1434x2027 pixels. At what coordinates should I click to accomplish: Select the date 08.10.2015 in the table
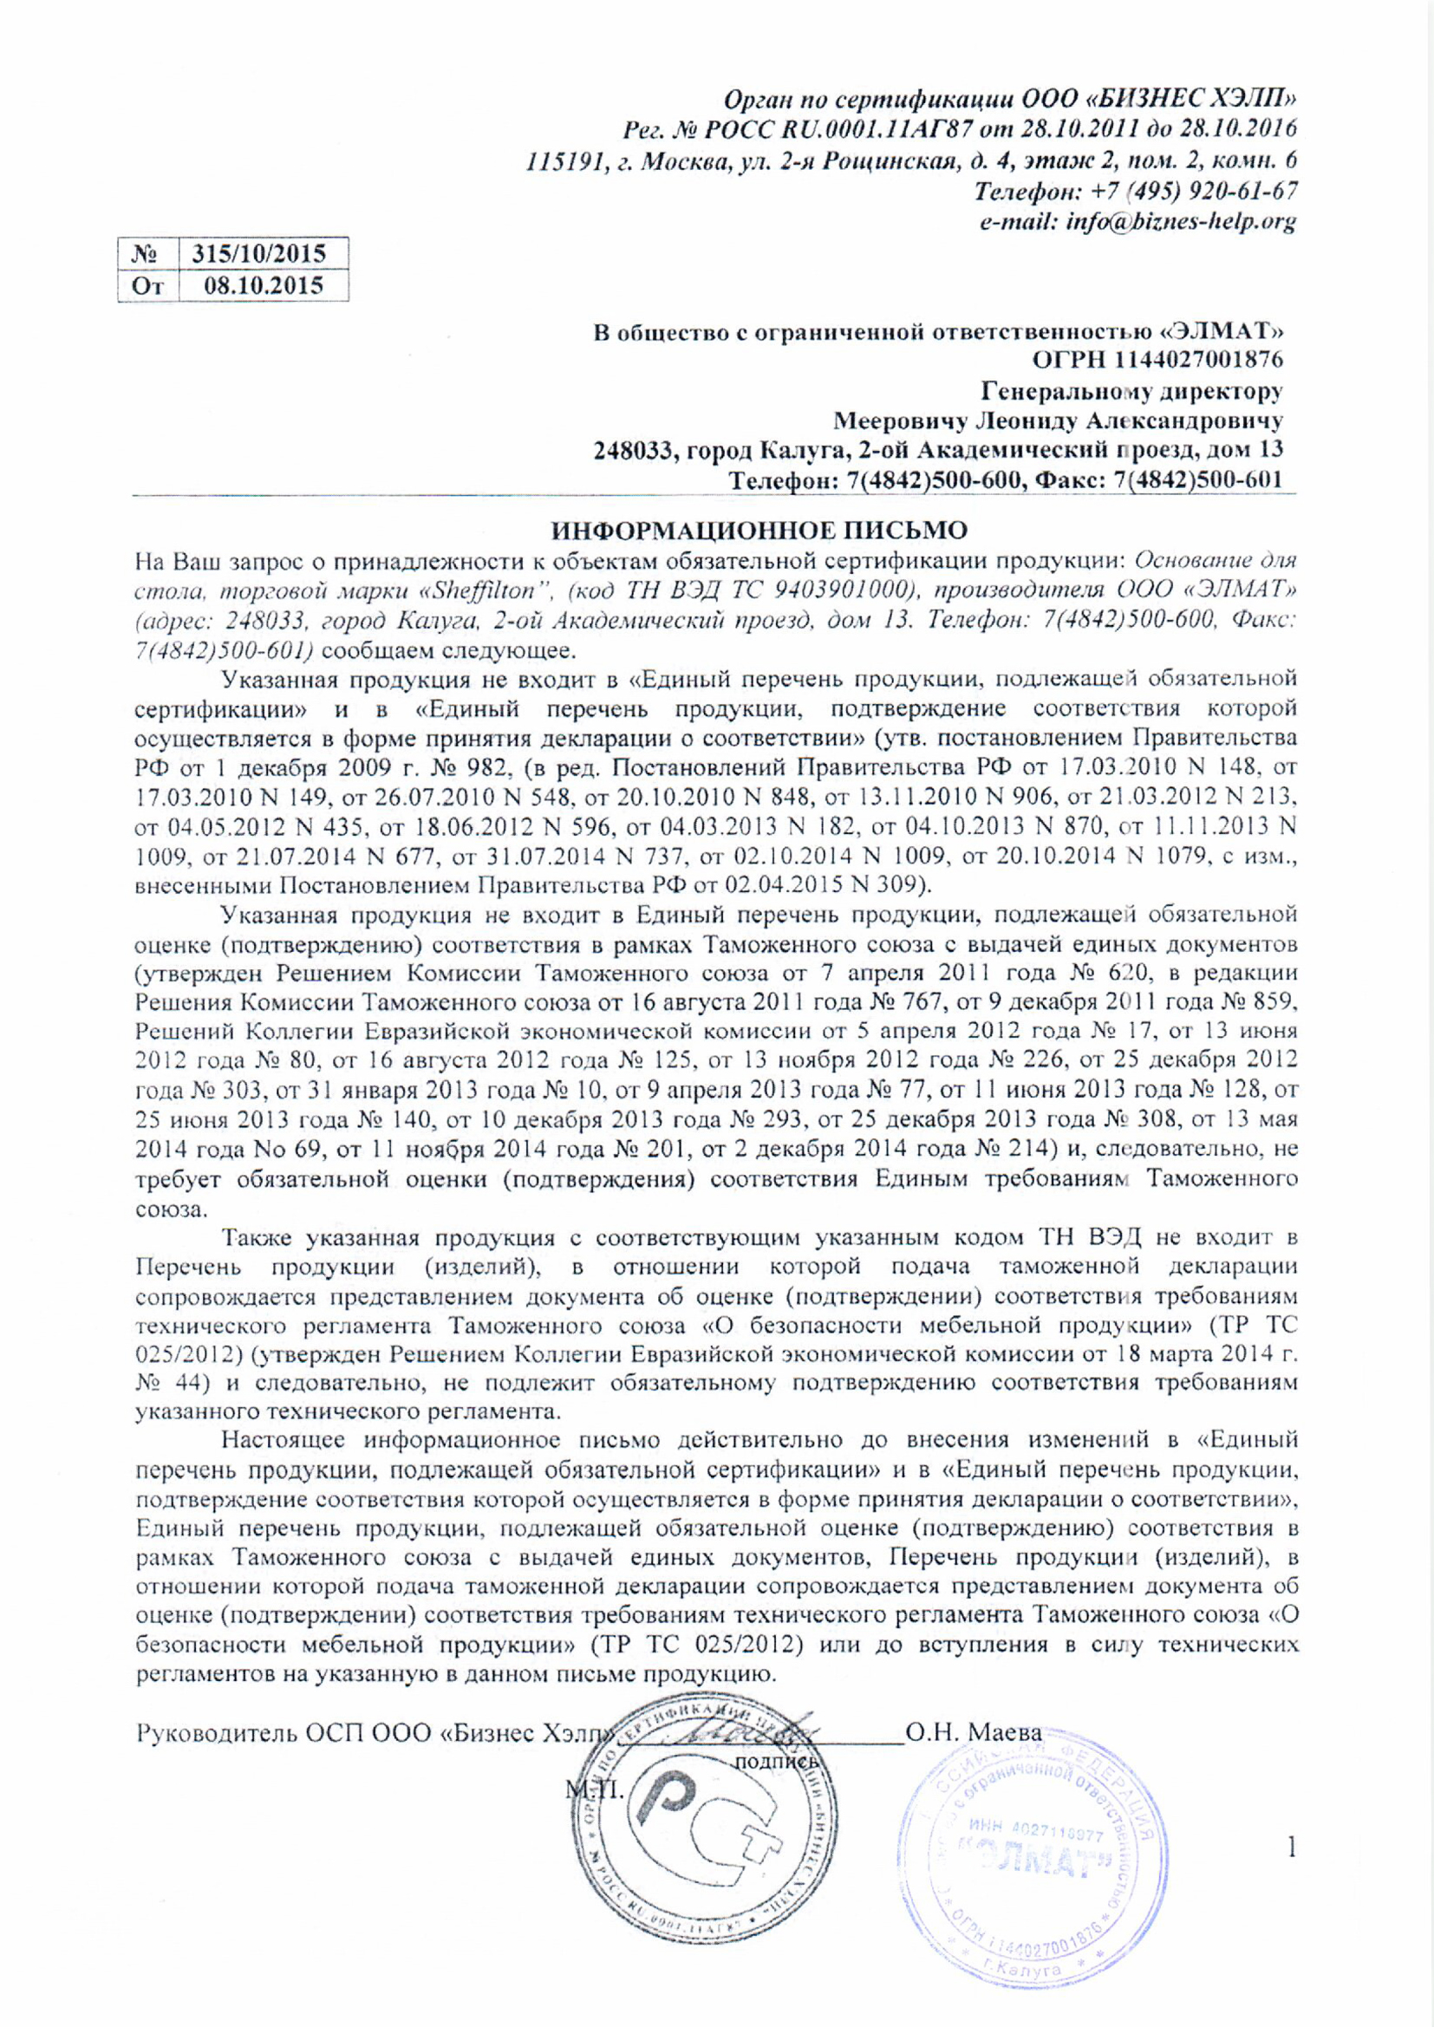point(264,285)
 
